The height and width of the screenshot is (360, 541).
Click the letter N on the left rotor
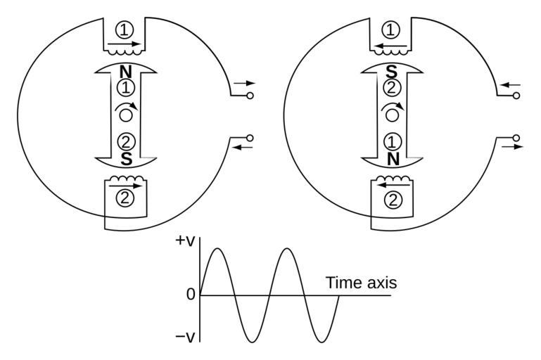coord(126,72)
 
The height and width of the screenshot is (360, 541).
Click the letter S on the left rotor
coord(127,159)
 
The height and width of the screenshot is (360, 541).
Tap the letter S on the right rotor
coord(393,72)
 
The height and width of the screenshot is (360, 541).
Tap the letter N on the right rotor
coord(393,159)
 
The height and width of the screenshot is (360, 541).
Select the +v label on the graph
coord(185,241)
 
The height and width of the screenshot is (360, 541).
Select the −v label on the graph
coord(185,337)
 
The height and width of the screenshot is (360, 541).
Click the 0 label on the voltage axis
coord(191,295)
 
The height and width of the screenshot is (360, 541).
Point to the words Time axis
coord(361,283)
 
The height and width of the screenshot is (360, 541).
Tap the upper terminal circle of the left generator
coord(250,95)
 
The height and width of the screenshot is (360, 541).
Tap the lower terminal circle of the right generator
coord(516,137)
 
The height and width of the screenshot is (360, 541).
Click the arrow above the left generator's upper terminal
coord(244,84)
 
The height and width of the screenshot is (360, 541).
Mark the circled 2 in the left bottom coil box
coord(125,198)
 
